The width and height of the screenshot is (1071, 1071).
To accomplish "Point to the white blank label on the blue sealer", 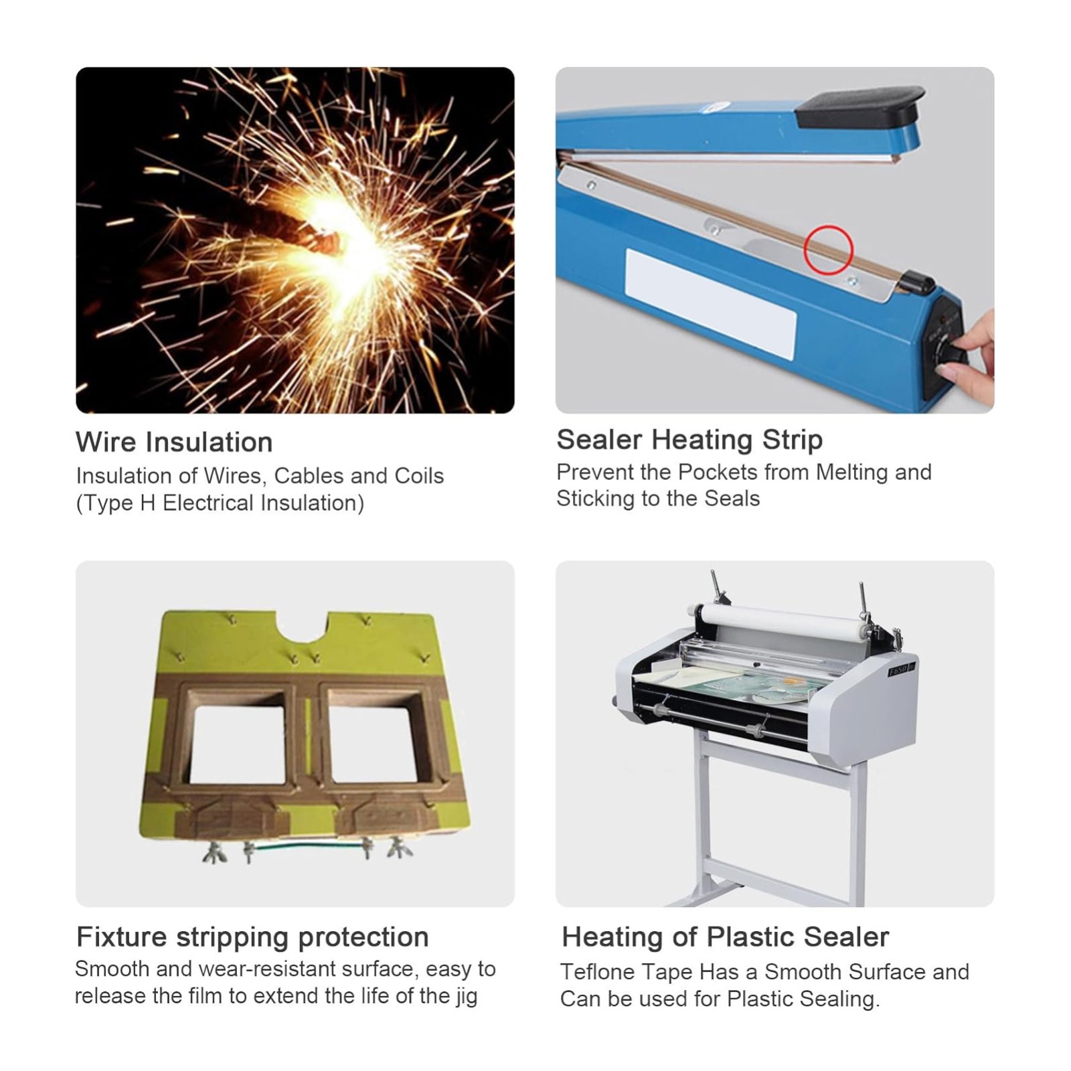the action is coord(710,303).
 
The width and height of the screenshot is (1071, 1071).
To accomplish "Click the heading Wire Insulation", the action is coord(174,442).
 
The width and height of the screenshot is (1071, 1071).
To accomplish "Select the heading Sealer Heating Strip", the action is coord(689,440).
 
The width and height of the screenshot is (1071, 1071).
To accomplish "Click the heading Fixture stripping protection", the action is coord(252,937).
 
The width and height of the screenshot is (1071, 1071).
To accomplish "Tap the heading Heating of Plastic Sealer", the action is coord(726,937).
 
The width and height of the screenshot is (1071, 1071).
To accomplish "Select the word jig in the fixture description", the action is coord(466,996).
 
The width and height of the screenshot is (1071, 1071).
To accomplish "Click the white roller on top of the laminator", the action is coord(776,619).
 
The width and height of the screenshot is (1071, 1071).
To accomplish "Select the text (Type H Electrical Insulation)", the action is coord(220,503).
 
